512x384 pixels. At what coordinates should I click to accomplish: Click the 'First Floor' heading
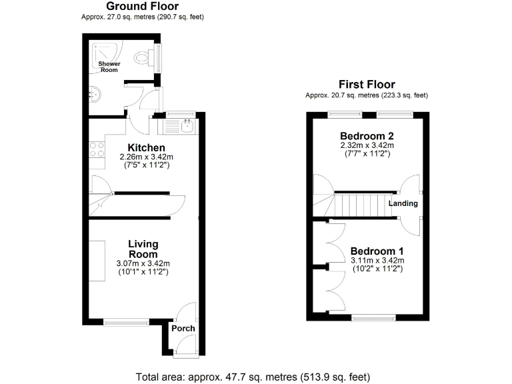(x=366, y=85)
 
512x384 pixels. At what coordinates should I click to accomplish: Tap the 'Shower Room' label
(x=109, y=67)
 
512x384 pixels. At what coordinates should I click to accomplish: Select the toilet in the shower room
(x=143, y=59)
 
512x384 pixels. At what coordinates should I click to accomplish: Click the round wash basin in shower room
(x=95, y=93)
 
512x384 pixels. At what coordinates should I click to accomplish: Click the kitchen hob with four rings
(x=96, y=149)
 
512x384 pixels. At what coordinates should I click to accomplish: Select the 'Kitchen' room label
(x=147, y=147)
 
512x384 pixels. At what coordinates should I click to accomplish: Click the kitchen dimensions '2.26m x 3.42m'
(x=147, y=157)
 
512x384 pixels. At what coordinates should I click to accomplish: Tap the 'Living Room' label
(x=143, y=249)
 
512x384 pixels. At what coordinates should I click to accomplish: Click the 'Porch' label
(x=183, y=328)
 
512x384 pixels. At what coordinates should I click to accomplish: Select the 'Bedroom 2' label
(x=367, y=135)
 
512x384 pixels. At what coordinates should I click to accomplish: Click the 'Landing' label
(x=403, y=203)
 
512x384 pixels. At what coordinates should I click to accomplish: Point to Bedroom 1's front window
(x=373, y=318)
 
